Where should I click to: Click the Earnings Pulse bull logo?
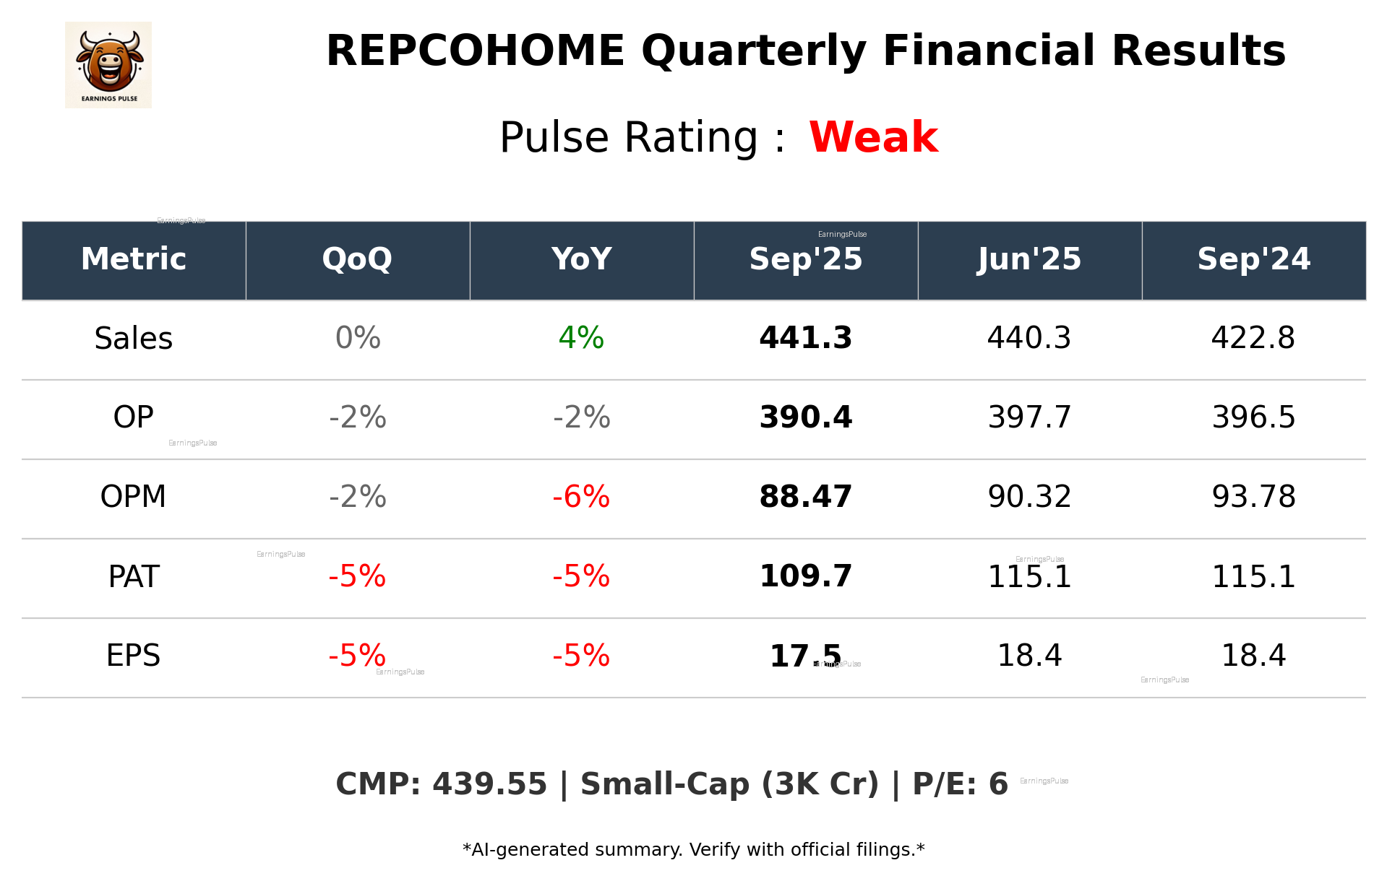(108, 65)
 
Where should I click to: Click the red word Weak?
(873, 137)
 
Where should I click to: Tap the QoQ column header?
(357, 259)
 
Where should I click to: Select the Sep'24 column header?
(1253, 259)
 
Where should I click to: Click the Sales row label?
(134, 339)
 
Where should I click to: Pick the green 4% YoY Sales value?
(581, 338)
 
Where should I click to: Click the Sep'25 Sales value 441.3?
(805, 338)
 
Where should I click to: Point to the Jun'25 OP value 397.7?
(1029, 417)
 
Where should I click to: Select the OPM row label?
(134, 497)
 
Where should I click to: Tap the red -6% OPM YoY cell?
(581, 497)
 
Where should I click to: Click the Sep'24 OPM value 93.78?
(1253, 497)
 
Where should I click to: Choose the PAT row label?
(134, 577)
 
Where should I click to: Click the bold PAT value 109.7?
(805, 576)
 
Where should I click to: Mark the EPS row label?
(134, 656)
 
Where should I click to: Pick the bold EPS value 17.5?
(805, 656)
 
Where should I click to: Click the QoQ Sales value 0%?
(358, 338)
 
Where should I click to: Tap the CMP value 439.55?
(489, 785)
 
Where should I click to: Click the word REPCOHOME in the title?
(475, 51)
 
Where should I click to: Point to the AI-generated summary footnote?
(693, 850)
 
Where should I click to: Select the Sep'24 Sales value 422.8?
(1253, 338)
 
